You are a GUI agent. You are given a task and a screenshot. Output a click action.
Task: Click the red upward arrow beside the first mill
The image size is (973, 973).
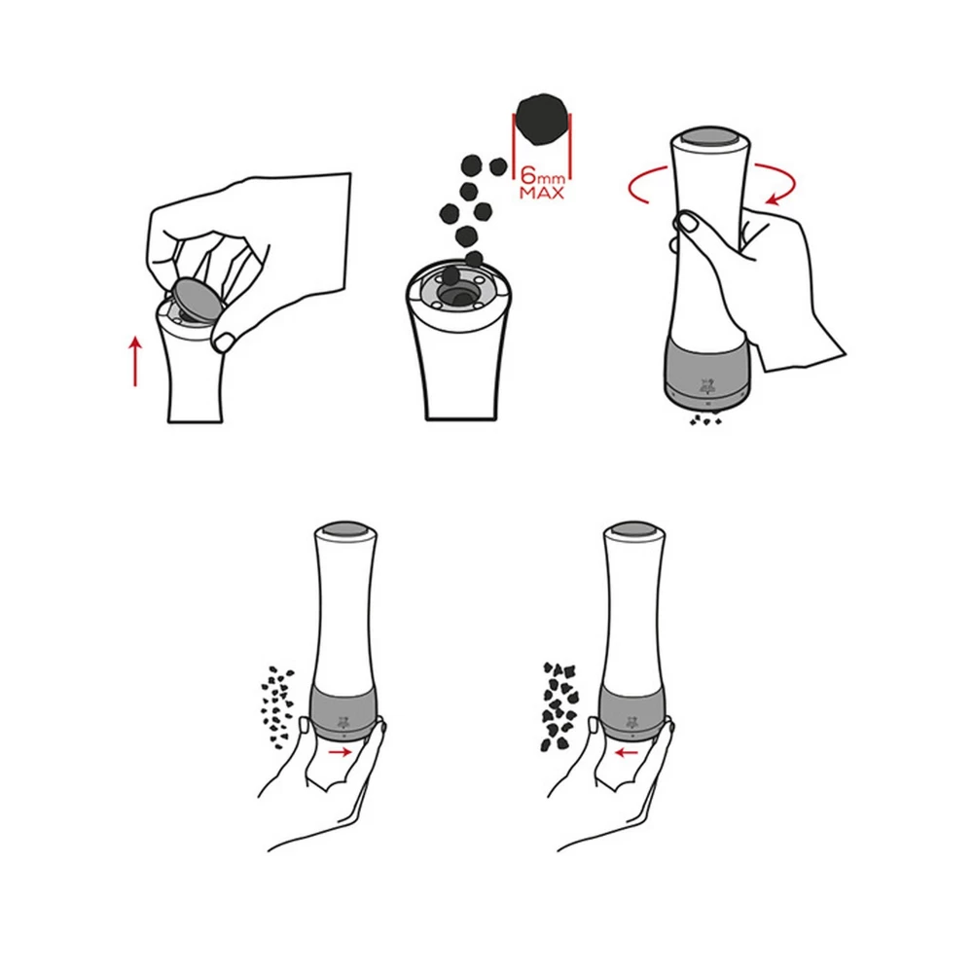click(135, 361)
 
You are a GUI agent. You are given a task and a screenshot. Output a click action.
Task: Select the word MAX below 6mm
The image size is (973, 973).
click(542, 193)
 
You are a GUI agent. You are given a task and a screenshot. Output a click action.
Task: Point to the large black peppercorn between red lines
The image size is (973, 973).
click(543, 121)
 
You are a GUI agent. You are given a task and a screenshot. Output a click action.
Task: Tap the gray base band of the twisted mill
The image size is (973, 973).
click(708, 372)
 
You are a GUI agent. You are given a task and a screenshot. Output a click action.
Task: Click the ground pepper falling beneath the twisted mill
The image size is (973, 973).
click(705, 420)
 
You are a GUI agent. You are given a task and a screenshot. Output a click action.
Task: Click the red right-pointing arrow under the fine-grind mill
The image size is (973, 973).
click(340, 752)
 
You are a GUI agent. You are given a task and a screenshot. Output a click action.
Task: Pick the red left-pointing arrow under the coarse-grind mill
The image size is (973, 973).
click(627, 753)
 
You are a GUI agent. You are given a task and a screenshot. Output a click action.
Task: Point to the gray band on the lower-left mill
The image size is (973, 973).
click(343, 713)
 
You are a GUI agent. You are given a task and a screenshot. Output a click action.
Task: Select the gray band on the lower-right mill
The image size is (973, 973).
click(631, 713)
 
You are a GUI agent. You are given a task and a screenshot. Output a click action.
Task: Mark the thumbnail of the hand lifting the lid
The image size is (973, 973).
click(224, 342)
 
